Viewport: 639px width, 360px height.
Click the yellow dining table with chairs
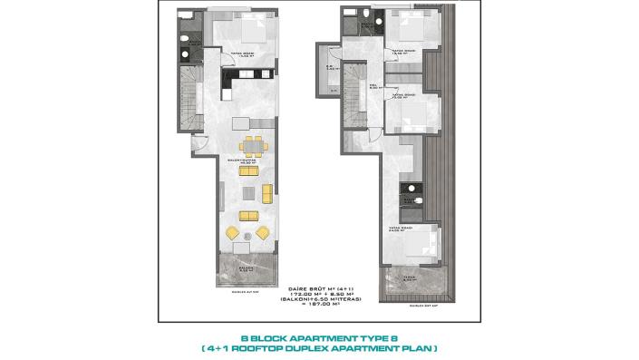[x=252, y=148]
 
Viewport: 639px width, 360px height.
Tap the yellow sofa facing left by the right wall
[x=267, y=193]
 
